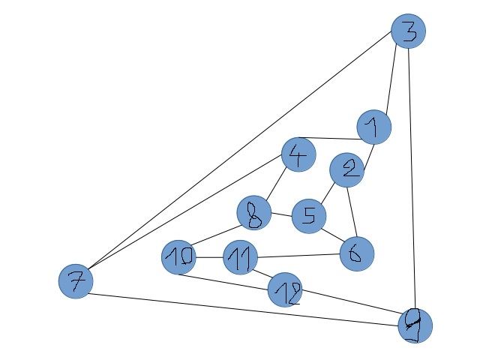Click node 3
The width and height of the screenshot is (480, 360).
point(409,31)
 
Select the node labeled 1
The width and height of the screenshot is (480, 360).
point(373,127)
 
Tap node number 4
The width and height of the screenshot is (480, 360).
point(298,155)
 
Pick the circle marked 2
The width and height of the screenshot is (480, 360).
point(347,170)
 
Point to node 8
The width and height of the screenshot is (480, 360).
point(254,213)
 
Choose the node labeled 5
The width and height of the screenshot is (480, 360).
point(308,217)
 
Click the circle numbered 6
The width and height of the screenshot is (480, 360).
point(357,253)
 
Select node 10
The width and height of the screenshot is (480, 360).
point(179,259)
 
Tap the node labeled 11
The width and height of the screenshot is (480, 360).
point(241,259)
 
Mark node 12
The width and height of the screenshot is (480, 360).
point(285,290)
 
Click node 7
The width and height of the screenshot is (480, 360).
point(76,281)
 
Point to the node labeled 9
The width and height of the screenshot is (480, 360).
point(415,325)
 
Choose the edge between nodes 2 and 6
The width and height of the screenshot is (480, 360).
point(352,211)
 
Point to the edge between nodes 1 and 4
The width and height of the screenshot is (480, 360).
point(336,139)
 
